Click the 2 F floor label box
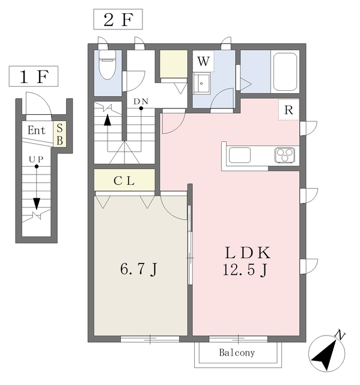[x=118, y=19]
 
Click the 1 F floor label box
[x=33, y=77]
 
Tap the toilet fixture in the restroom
[x=108, y=65]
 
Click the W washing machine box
[x=204, y=61]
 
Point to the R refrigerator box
[x=289, y=110]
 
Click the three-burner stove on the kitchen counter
[x=285, y=155]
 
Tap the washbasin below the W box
[x=204, y=84]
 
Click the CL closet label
[x=124, y=180]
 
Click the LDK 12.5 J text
[x=246, y=260]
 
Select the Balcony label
[x=237, y=353]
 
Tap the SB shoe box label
[x=60, y=134]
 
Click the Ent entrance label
[x=36, y=130]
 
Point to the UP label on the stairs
[x=36, y=159]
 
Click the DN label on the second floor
[x=141, y=101]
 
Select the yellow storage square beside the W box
[x=174, y=63]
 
